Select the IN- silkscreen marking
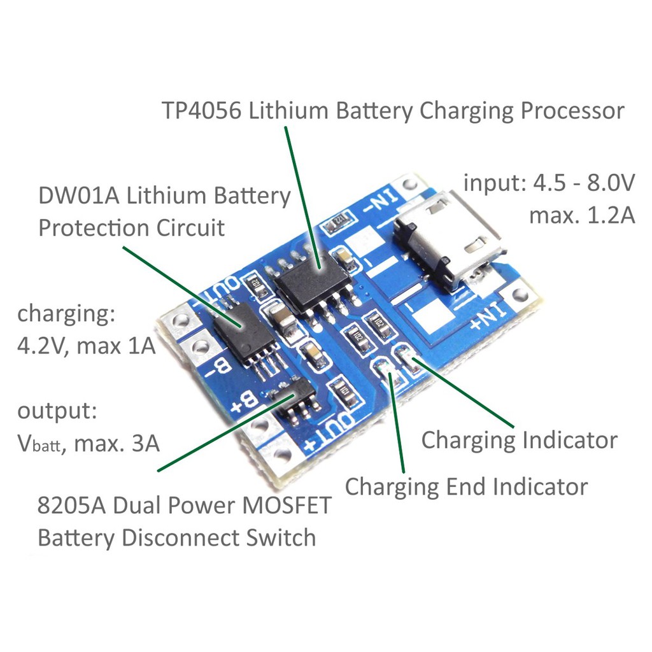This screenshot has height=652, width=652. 382,202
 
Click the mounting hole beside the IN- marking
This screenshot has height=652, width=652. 410,183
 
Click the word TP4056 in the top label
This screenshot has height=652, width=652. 202,111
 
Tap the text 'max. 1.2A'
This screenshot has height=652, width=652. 582,215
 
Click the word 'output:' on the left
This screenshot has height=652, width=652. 57,411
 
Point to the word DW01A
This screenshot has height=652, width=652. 79,195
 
